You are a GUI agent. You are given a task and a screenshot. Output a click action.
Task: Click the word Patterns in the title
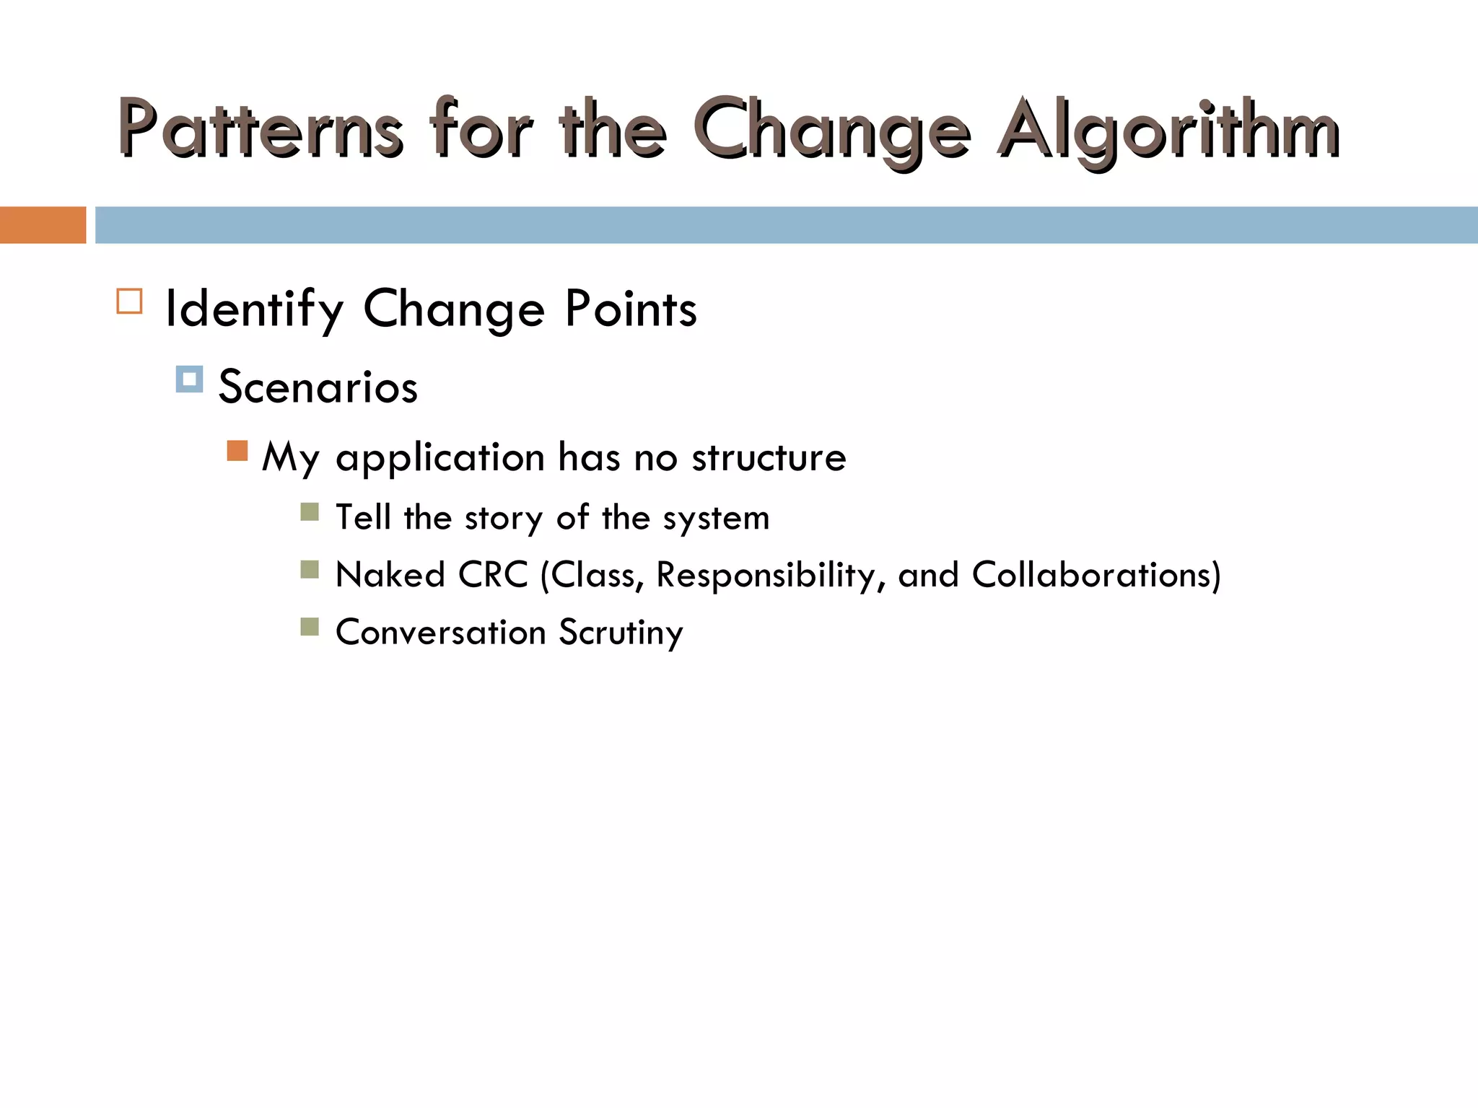pos(260,130)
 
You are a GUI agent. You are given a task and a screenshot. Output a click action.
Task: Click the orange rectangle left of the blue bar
pos(43,225)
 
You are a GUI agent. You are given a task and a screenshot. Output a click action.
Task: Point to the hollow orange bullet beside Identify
pos(129,301)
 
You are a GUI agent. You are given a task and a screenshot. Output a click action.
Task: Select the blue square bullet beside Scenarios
pos(189,379)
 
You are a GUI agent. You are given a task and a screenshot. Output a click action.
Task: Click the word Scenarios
pos(318,387)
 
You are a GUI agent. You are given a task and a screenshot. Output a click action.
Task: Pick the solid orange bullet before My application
pos(237,451)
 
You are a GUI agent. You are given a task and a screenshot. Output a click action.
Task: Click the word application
pos(440,458)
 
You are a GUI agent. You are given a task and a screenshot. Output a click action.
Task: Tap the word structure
pos(769,458)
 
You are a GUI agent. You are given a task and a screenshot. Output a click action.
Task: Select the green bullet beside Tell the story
pos(310,512)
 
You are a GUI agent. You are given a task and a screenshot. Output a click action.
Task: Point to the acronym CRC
pos(493,576)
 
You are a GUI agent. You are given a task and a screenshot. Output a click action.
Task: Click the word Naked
pos(390,576)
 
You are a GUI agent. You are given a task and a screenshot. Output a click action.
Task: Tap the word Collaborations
pos(1093,576)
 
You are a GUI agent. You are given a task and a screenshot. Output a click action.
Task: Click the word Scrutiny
pos(621,633)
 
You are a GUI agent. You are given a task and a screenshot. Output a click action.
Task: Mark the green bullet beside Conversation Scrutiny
pos(310,627)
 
